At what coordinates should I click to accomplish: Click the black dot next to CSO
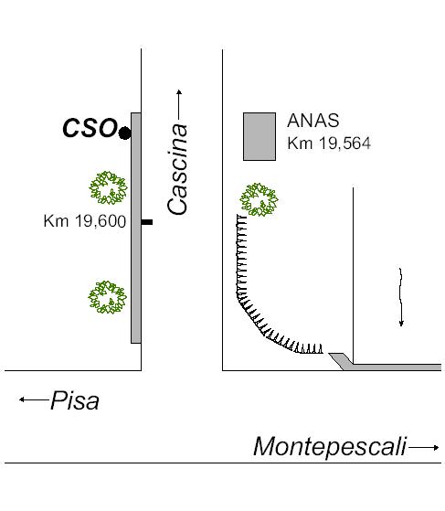pyautogui.click(x=124, y=133)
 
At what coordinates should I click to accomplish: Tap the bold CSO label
pyautogui.click(x=90, y=128)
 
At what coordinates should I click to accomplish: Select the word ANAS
pyautogui.click(x=313, y=121)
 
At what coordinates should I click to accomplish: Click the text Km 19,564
pyautogui.click(x=329, y=144)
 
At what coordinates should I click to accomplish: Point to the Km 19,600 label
pyautogui.click(x=85, y=221)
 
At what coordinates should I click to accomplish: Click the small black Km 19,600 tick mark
pyautogui.click(x=147, y=222)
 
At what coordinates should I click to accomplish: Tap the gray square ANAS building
pyautogui.click(x=260, y=136)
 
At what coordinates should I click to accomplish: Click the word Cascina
pyautogui.click(x=177, y=169)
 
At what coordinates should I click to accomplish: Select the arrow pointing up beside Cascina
pyautogui.click(x=179, y=104)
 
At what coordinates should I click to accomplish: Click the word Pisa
pyautogui.click(x=75, y=400)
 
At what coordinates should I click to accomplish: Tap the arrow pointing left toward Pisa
pyautogui.click(x=34, y=399)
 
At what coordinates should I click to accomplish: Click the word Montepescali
pyautogui.click(x=330, y=447)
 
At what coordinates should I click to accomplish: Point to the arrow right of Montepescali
pyautogui.click(x=424, y=447)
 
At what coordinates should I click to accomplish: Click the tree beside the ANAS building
pyautogui.click(x=259, y=200)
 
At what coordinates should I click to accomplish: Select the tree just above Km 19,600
pyautogui.click(x=108, y=187)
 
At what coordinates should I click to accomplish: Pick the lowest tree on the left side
pyautogui.click(x=107, y=297)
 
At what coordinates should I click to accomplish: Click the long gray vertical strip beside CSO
pyautogui.click(x=136, y=229)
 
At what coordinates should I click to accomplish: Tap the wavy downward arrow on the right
pyautogui.click(x=401, y=297)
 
